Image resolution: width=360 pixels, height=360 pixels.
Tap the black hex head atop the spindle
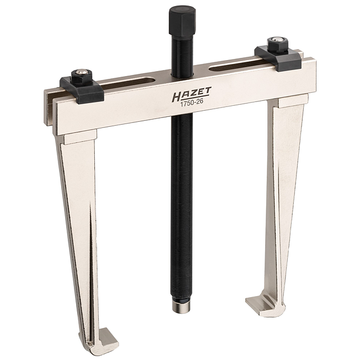tap(182, 20)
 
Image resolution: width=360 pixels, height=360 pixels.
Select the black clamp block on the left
tap(82, 89)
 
